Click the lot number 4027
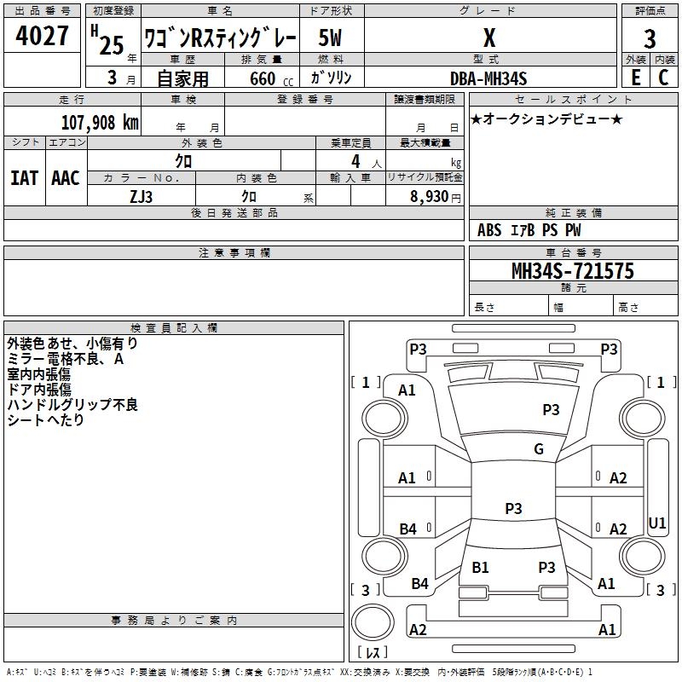[x=43, y=38]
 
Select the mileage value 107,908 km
[x=100, y=123]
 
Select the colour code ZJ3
[x=142, y=196]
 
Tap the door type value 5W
[x=331, y=38]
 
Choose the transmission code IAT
[x=23, y=178]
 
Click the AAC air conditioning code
[x=66, y=178]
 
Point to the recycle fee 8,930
[x=430, y=196]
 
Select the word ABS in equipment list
[x=489, y=230]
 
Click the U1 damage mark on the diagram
[x=657, y=522]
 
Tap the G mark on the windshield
[x=538, y=449]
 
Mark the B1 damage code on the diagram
[x=480, y=567]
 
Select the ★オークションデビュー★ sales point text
[x=546, y=118]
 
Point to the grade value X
[x=488, y=38]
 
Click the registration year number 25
[x=112, y=44]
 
